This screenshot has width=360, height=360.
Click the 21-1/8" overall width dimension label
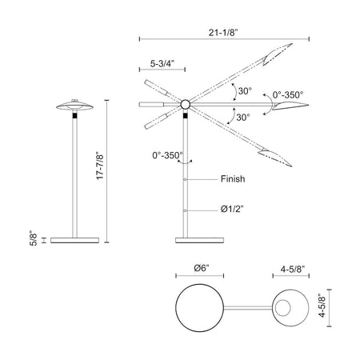coord(223,33)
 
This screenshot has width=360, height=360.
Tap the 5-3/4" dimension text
coord(162,64)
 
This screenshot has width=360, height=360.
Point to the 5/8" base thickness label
coord(34,239)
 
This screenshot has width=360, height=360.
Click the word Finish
coord(233,179)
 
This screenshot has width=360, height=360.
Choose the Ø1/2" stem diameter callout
coord(232,209)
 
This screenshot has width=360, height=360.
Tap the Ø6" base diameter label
coord(202,268)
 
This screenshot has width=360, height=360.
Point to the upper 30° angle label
coord(245,91)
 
